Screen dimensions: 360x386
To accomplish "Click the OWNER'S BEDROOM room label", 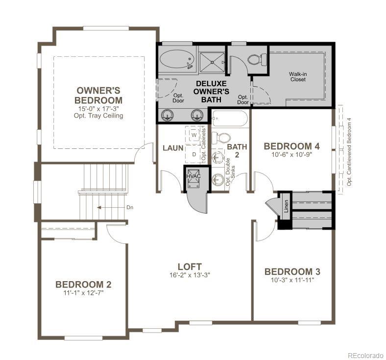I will click(98, 95).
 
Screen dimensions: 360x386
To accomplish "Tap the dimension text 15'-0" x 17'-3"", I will click(98, 108).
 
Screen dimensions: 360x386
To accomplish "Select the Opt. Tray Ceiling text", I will click(98, 116).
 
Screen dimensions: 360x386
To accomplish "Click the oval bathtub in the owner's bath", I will click(176, 60).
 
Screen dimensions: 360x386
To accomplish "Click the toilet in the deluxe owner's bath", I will click(256, 60).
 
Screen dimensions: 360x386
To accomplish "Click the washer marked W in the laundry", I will click(193, 134).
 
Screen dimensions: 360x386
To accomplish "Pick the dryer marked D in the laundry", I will click(193, 154).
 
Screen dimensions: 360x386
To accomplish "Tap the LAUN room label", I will click(173, 148).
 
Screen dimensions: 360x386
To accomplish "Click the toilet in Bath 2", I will click(223, 138).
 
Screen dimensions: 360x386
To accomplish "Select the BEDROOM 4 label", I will click(291, 146).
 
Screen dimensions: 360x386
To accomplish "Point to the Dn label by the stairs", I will click(130, 207).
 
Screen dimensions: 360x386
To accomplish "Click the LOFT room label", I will click(190, 267).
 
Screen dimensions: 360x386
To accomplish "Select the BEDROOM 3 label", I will click(292, 272).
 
